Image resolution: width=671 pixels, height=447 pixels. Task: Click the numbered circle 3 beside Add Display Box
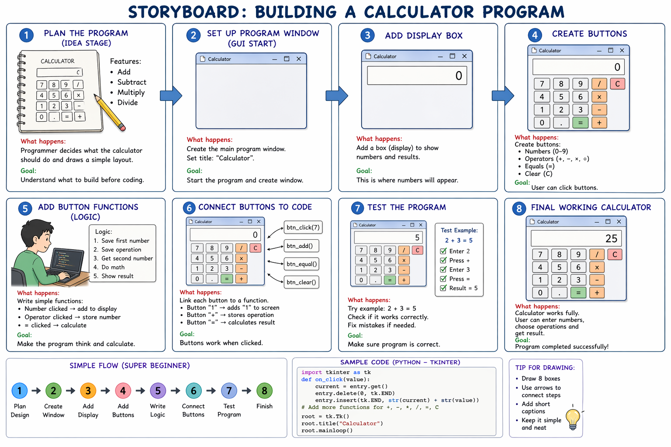[367, 35]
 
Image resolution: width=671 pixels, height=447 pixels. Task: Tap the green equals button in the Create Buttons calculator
[580, 123]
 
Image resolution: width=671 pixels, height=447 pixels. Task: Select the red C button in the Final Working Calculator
[615, 254]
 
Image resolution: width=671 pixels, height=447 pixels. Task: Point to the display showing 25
[576, 238]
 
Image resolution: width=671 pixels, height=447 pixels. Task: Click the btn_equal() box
[301, 264]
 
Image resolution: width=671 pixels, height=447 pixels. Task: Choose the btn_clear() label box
[301, 282]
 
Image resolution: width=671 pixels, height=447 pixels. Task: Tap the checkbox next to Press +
[443, 260]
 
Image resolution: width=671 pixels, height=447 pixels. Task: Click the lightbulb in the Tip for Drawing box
[573, 419]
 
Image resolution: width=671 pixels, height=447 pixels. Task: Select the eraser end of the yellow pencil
[122, 128]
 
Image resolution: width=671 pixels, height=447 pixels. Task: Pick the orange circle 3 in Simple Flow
[88, 391]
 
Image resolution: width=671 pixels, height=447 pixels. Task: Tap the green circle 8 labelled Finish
[264, 391]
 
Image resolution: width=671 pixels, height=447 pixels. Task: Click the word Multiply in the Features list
[131, 93]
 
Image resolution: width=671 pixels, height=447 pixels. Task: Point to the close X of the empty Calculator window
[299, 58]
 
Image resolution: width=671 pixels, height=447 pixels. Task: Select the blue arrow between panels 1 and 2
[171, 96]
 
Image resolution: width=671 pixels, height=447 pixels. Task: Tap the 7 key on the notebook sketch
[42, 85]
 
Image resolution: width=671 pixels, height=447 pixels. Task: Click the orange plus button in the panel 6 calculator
[241, 279]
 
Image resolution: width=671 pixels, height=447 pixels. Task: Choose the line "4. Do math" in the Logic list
[109, 267]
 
